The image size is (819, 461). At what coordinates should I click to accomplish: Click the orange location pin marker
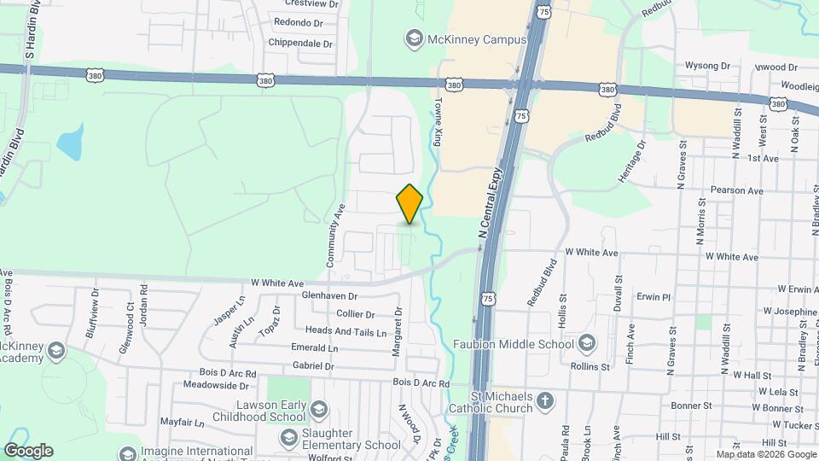(x=410, y=203)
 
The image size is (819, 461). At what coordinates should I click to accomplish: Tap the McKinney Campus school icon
(x=414, y=38)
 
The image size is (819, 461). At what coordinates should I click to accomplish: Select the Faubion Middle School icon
(x=586, y=344)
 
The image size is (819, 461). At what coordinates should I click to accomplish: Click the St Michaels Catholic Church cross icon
(x=546, y=399)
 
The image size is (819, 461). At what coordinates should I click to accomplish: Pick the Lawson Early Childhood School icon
(x=318, y=409)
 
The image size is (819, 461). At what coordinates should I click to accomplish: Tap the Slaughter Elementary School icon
(x=289, y=437)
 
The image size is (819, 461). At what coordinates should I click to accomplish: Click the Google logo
(x=28, y=451)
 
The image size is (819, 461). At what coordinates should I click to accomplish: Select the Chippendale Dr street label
(x=299, y=43)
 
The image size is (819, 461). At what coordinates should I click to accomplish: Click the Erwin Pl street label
(x=654, y=297)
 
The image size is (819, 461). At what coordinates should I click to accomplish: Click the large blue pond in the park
(x=71, y=143)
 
